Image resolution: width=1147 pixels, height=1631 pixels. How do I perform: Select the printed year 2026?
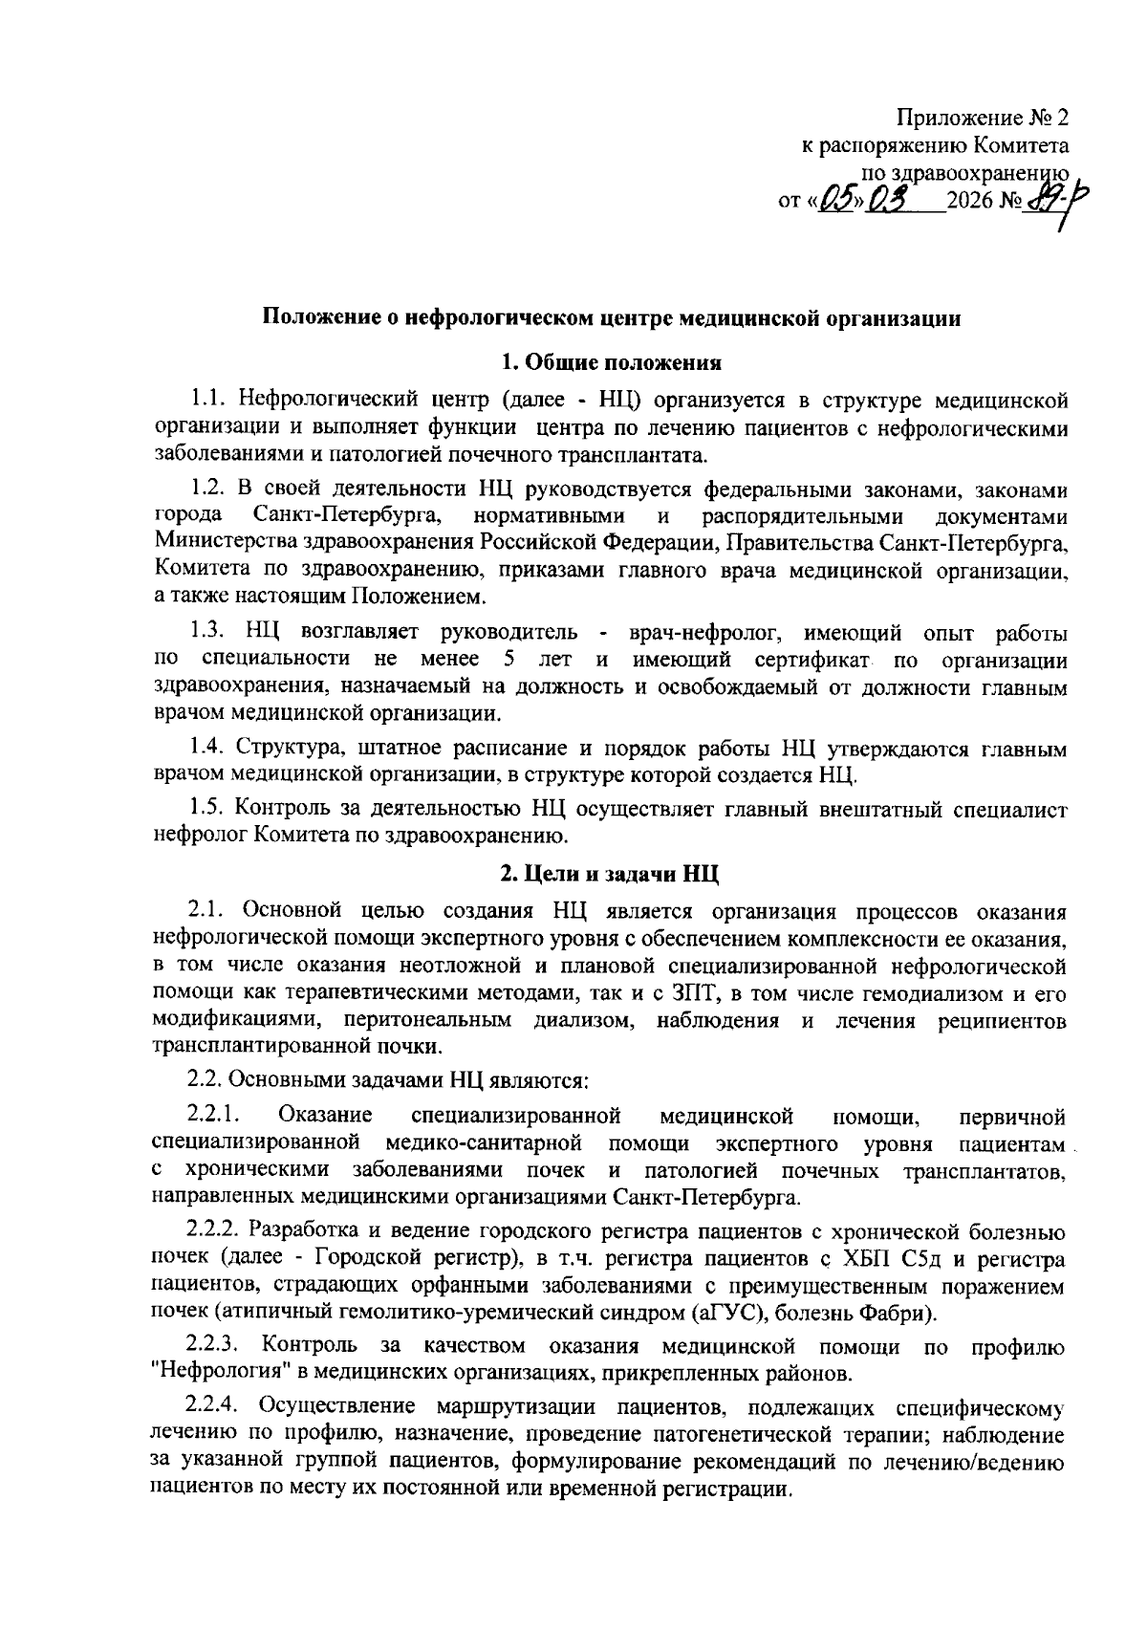[971, 204]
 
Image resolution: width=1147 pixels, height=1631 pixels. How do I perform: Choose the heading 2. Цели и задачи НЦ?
[612, 873]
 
